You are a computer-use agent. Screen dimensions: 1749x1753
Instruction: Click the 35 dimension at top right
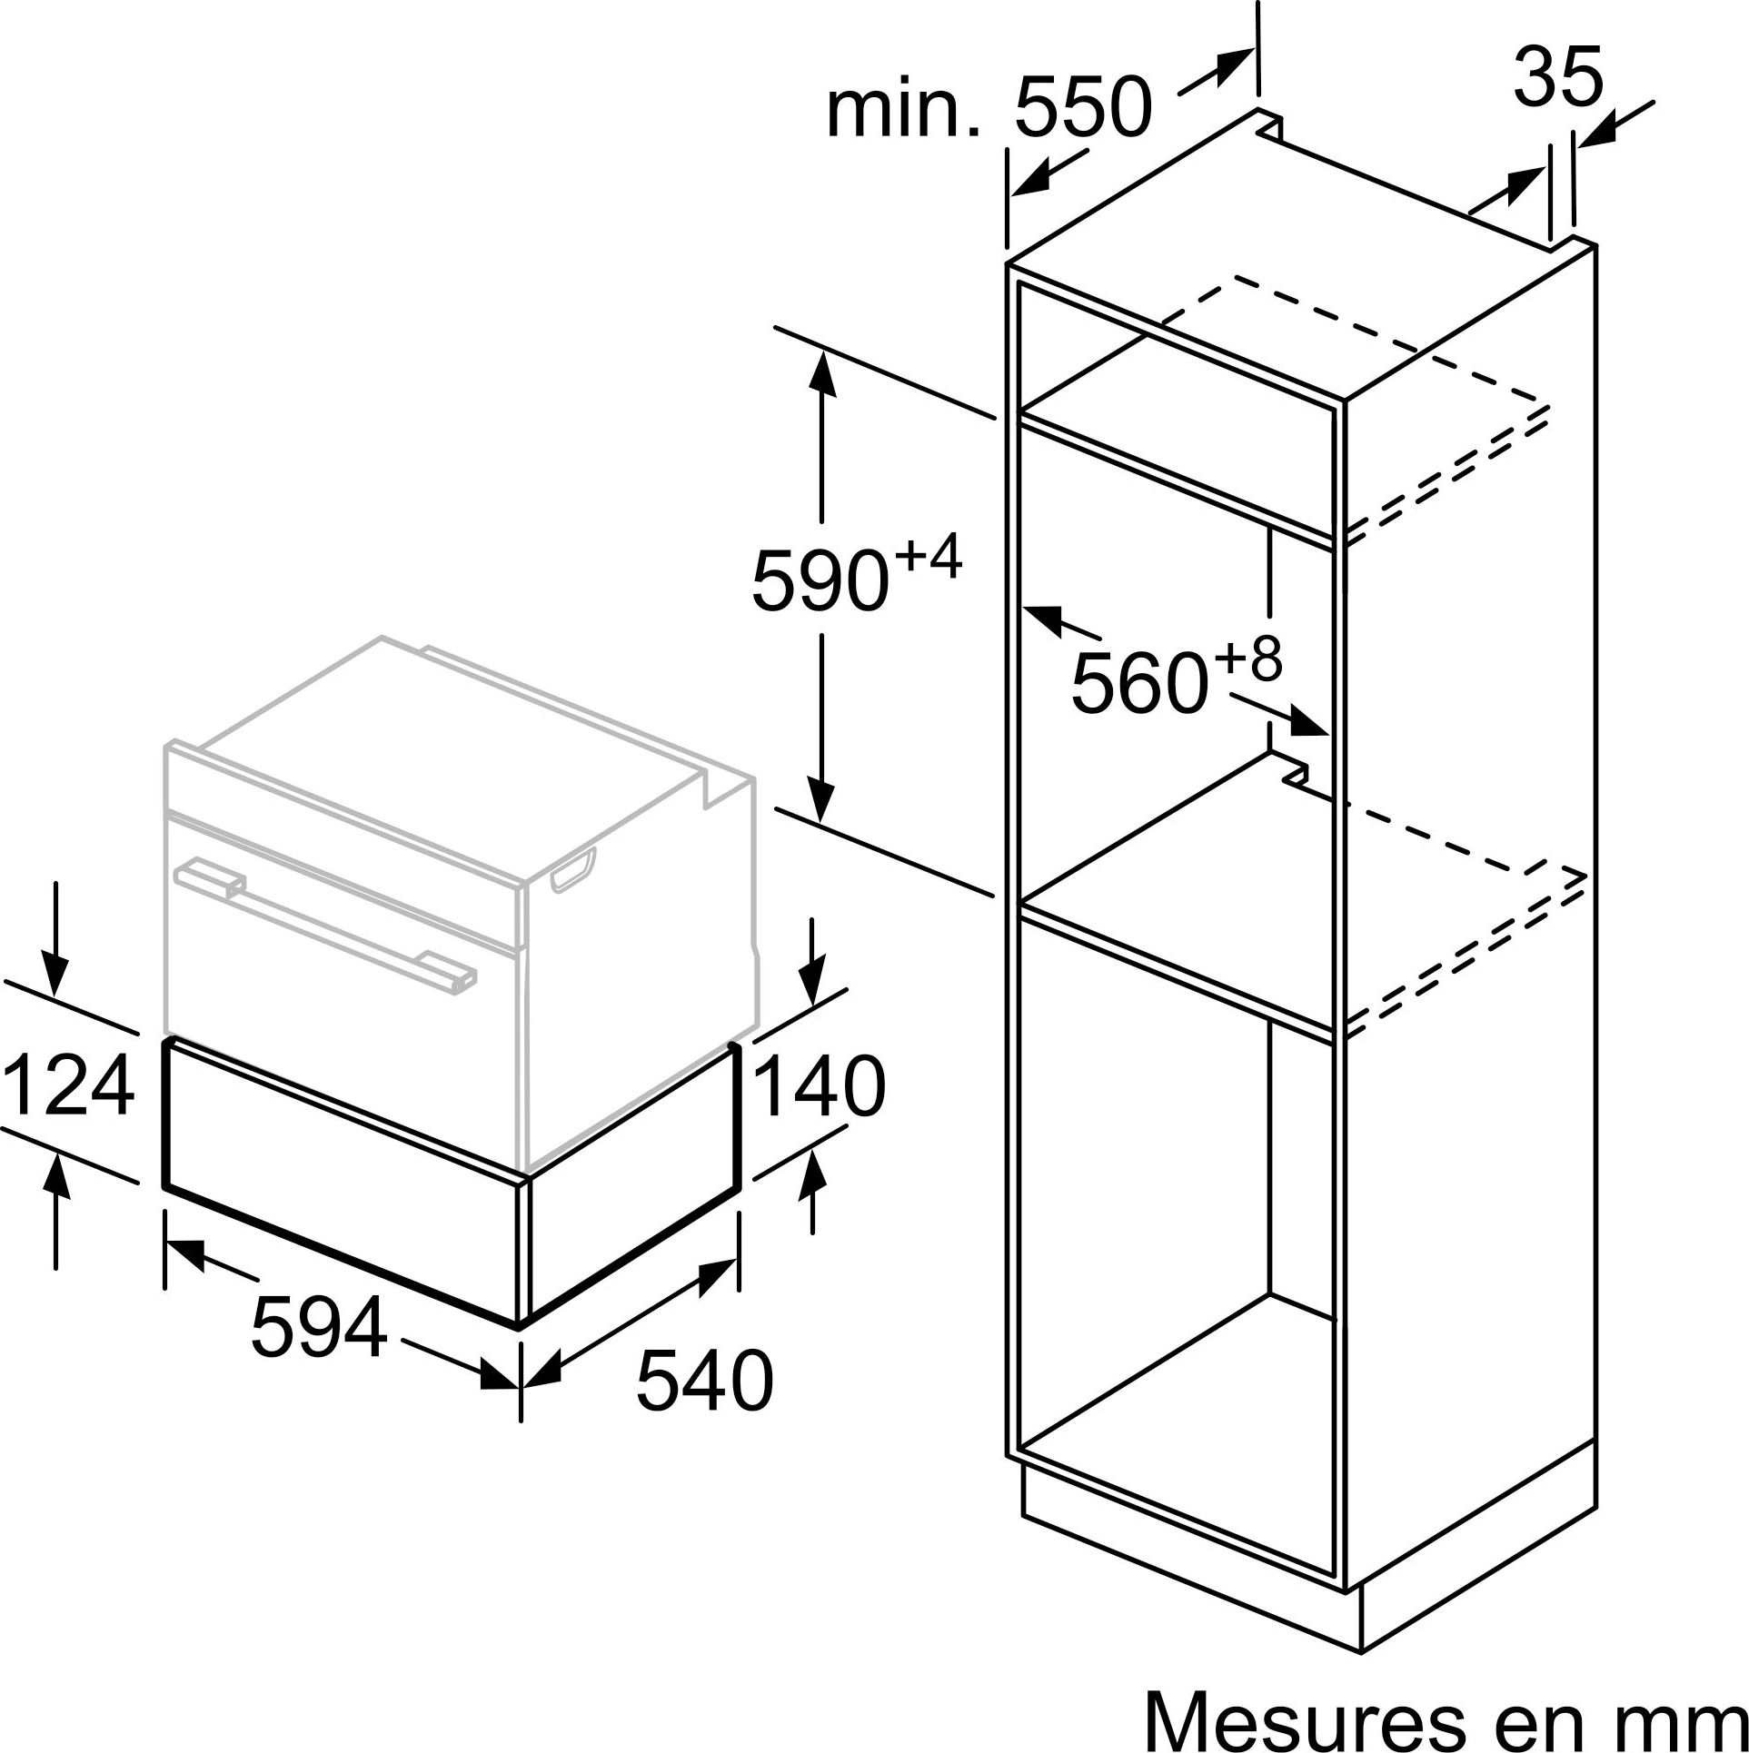[x=1558, y=77]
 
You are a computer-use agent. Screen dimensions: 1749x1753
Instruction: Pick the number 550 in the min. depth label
[x=1083, y=107]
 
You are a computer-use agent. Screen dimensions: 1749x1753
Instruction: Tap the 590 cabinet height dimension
[x=820, y=579]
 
